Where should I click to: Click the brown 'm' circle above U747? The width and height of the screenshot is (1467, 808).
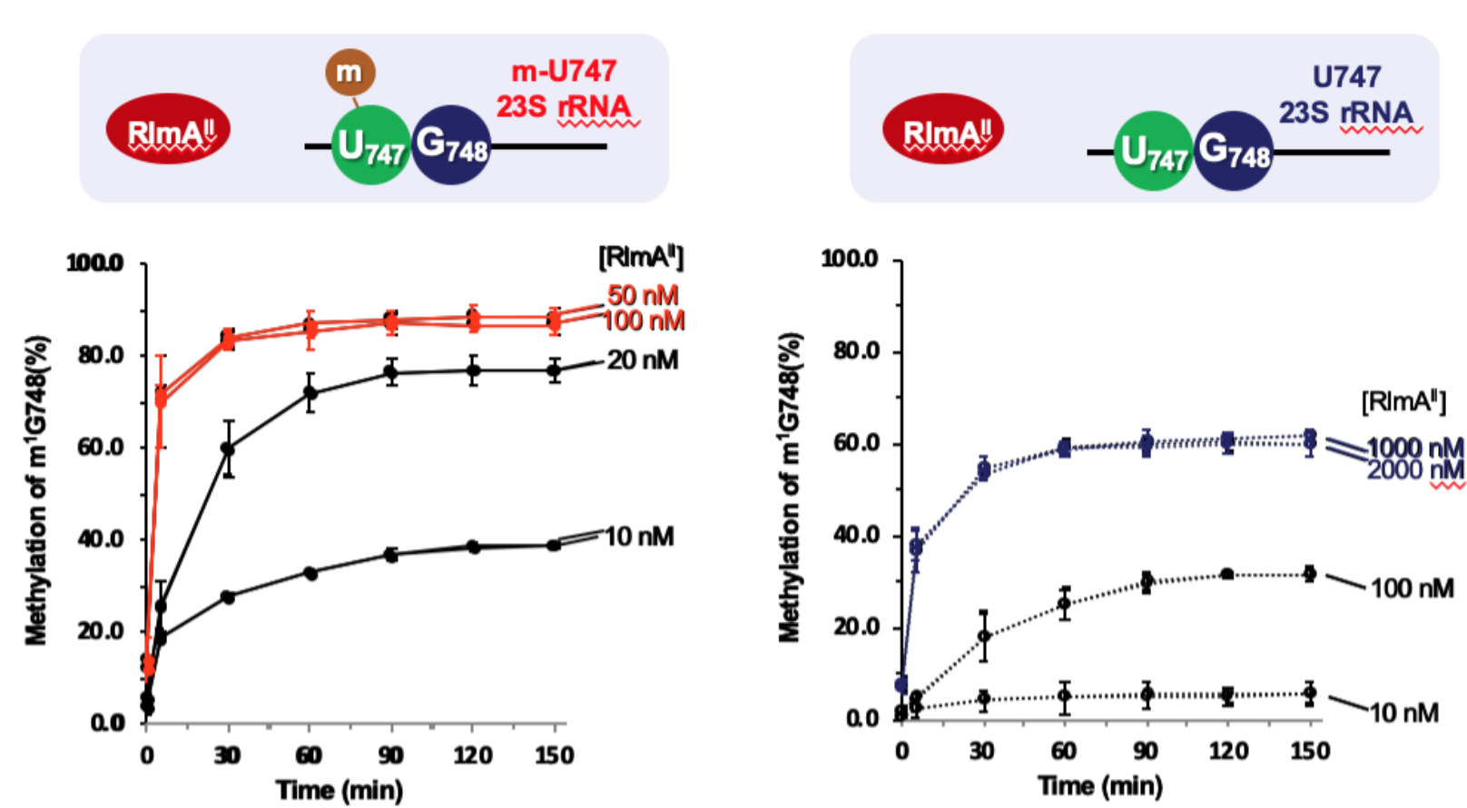(350, 72)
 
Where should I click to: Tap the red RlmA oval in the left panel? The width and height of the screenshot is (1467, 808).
(168, 129)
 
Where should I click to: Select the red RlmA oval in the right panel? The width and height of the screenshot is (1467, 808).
(944, 129)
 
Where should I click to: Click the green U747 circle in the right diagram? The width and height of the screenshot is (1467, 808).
(1153, 152)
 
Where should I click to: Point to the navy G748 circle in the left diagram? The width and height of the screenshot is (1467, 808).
(451, 144)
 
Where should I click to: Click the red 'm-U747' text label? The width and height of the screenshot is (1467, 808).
(564, 71)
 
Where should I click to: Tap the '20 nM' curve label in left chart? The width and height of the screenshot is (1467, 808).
(642, 360)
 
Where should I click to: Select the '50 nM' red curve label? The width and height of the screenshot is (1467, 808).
(643, 295)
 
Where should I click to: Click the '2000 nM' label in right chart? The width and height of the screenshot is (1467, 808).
(1415, 469)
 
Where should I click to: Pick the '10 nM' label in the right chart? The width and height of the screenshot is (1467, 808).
(1403, 714)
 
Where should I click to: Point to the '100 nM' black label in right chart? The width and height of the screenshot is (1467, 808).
(1412, 588)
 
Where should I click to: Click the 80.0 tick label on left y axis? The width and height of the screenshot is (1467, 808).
(101, 355)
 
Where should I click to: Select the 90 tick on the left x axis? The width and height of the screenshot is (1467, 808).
(390, 755)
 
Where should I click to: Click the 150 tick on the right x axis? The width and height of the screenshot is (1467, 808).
(1309, 751)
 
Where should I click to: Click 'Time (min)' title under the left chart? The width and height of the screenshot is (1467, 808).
(340, 790)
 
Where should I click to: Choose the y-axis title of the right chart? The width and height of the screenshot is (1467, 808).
(790, 488)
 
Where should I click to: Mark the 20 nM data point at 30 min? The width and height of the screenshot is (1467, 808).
(228, 448)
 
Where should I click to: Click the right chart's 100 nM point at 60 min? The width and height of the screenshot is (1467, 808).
(1064, 604)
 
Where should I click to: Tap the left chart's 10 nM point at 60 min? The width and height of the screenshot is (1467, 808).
(310, 573)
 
